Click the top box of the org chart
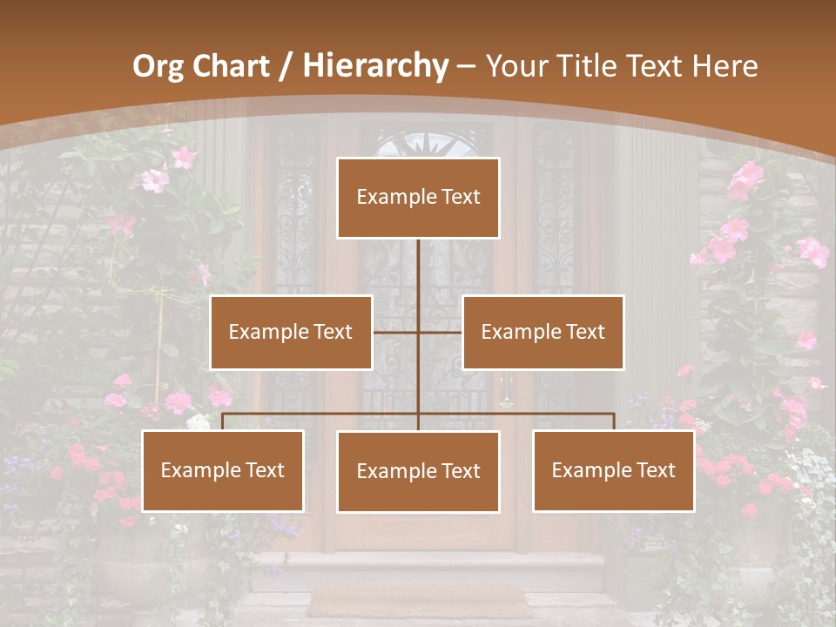click(418, 198)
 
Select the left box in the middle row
click(291, 332)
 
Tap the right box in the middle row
click(543, 332)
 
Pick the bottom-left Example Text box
click(223, 471)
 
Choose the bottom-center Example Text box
click(418, 472)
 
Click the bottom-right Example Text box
click(613, 471)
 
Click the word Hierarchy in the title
click(375, 66)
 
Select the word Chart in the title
click(229, 66)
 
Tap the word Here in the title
click(725, 66)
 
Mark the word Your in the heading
click(513, 66)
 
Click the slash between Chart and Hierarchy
click(286, 66)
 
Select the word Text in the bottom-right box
click(655, 471)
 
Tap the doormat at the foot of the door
click(419, 600)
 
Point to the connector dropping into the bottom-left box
click(223, 421)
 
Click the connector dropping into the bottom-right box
click(613, 421)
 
